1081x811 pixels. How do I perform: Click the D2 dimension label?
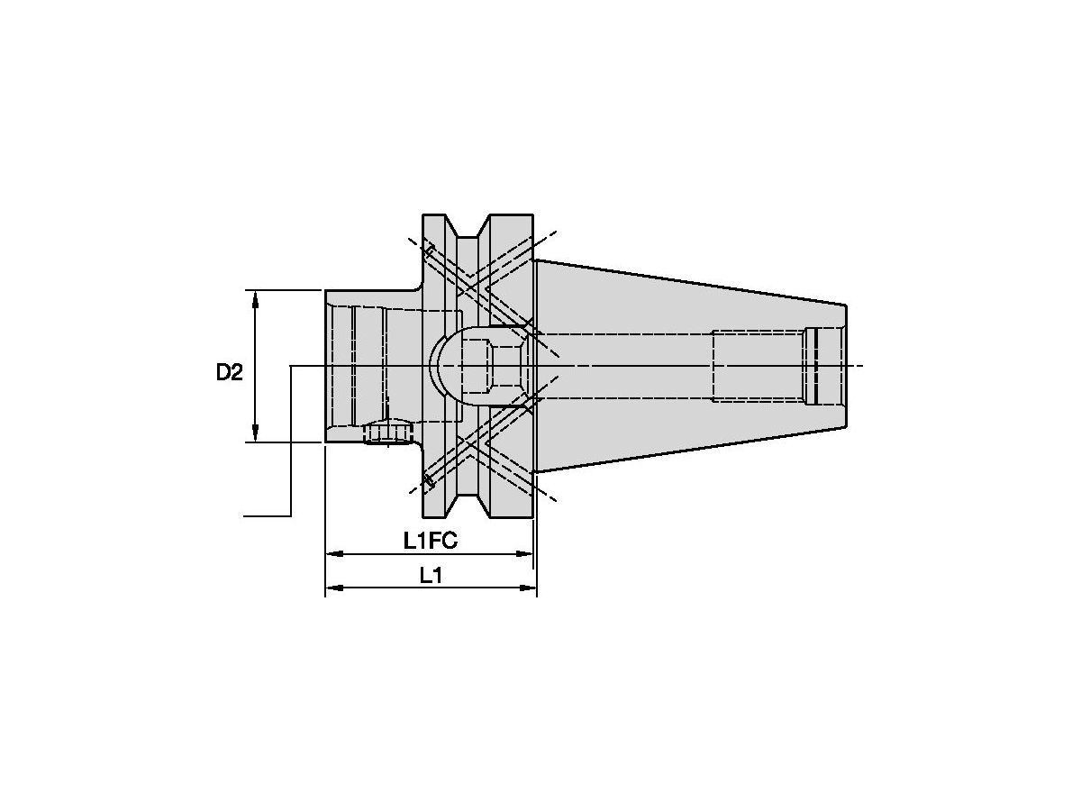pyautogui.click(x=230, y=372)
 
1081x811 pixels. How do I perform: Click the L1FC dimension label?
pyautogui.click(x=430, y=542)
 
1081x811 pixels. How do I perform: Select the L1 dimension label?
pyautogui.click(x=431, y=575)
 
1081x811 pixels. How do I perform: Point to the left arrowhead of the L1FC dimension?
pyautogui.click(x=335, y=554)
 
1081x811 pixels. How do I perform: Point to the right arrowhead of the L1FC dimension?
pyautogui.click(x=524, y=554)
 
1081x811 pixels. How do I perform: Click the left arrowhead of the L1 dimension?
pyautogui.click(x=335, y=588)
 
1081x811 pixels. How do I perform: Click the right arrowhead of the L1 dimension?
pyautogui.click(x=527, y=588)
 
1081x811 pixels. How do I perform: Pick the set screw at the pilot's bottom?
pyautogui.click(x=387, y=432)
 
